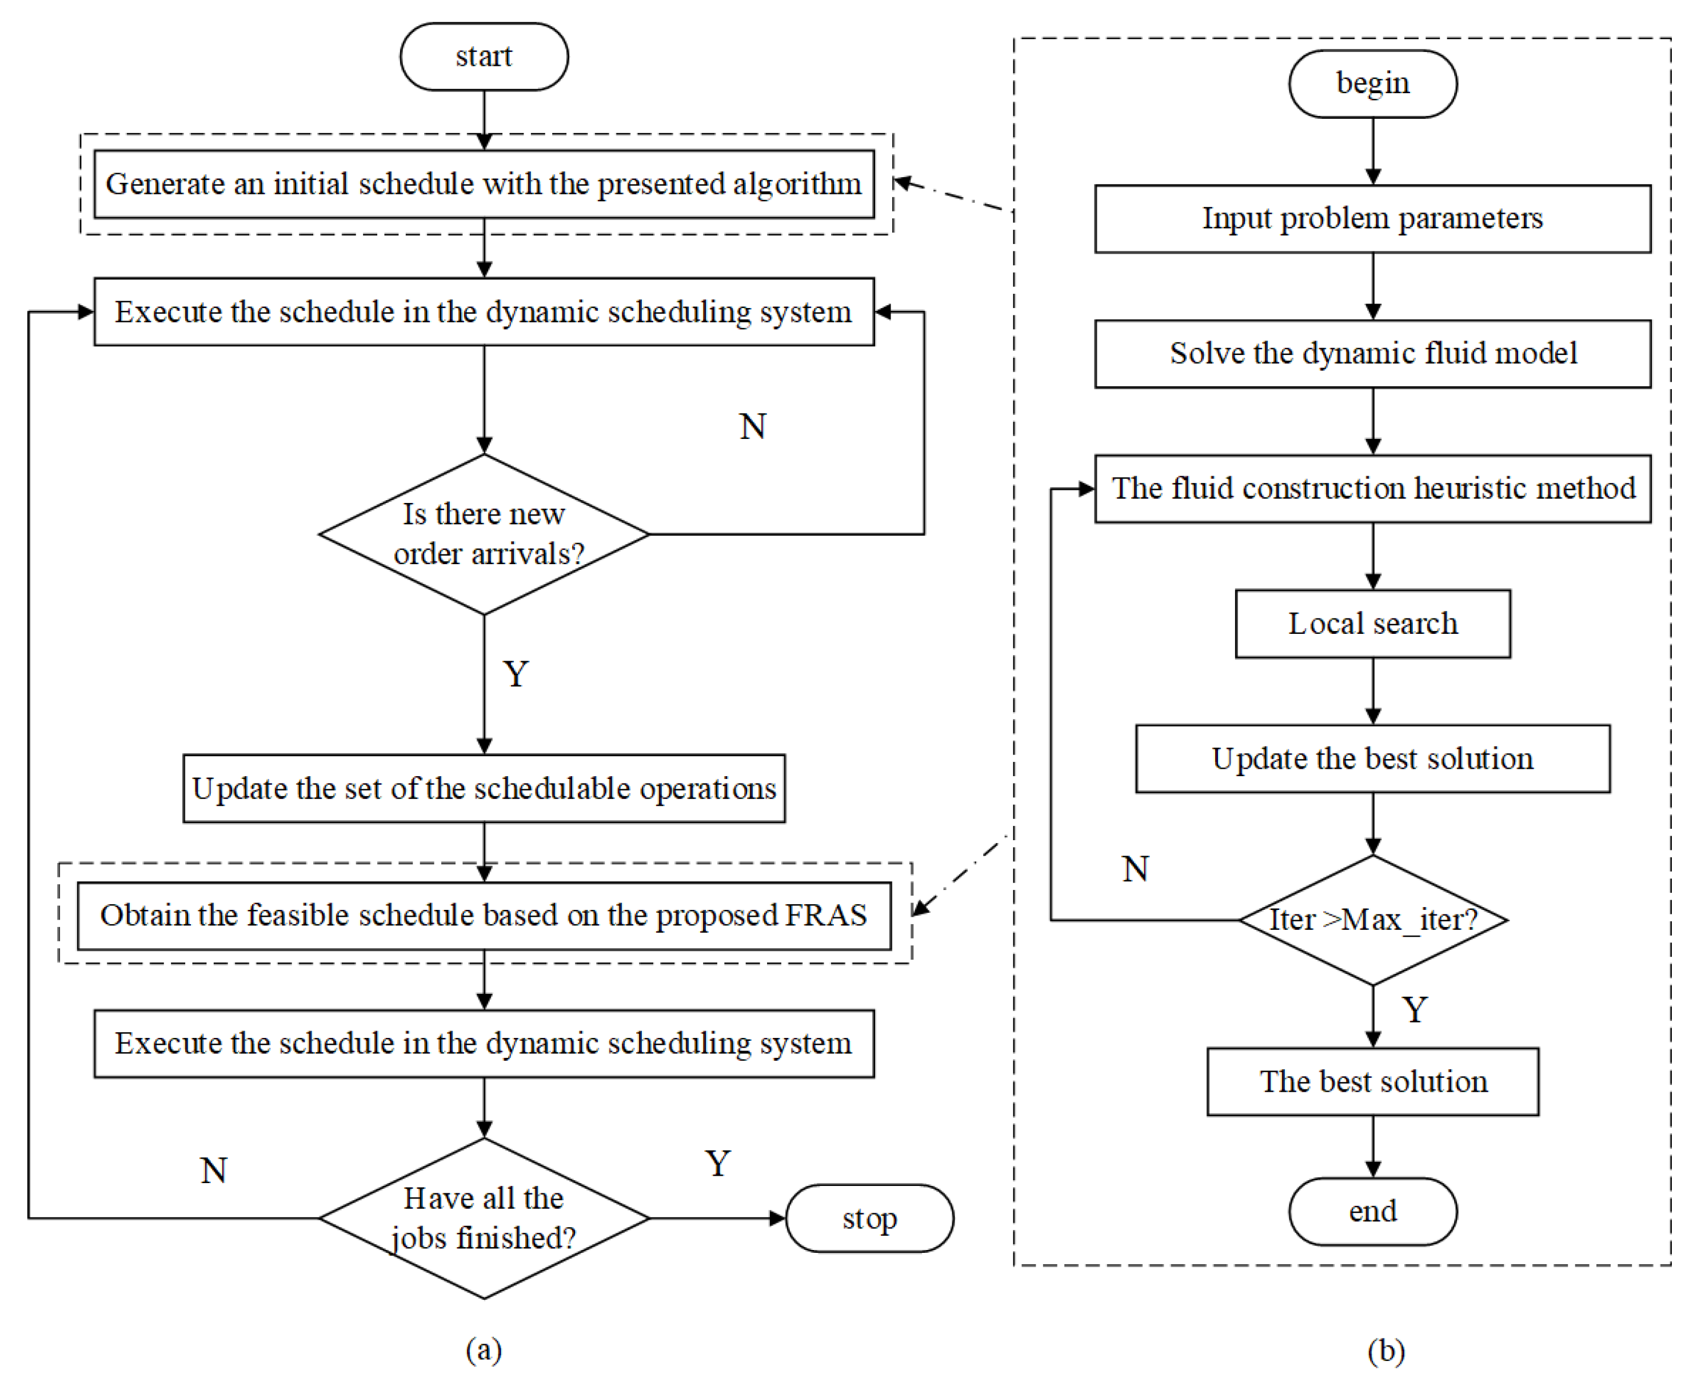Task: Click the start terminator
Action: click(484, 57)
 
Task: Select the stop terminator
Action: click(869, 1219)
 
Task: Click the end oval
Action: click(1372, 1211)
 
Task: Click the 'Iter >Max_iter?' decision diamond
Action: click(1372, 920)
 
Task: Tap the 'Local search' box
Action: click(1372, 624)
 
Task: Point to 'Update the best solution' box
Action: click(1372, 758)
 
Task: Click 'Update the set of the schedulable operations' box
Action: click(484, 788)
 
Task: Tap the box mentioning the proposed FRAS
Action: click(484, 915)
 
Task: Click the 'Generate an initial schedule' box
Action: click(484, 183)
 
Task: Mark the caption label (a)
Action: click(484, 1349)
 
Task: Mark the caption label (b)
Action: click(1385, 1350)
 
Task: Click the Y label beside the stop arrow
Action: click(717, 1163)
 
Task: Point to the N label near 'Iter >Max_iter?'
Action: click(1135, 869)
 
